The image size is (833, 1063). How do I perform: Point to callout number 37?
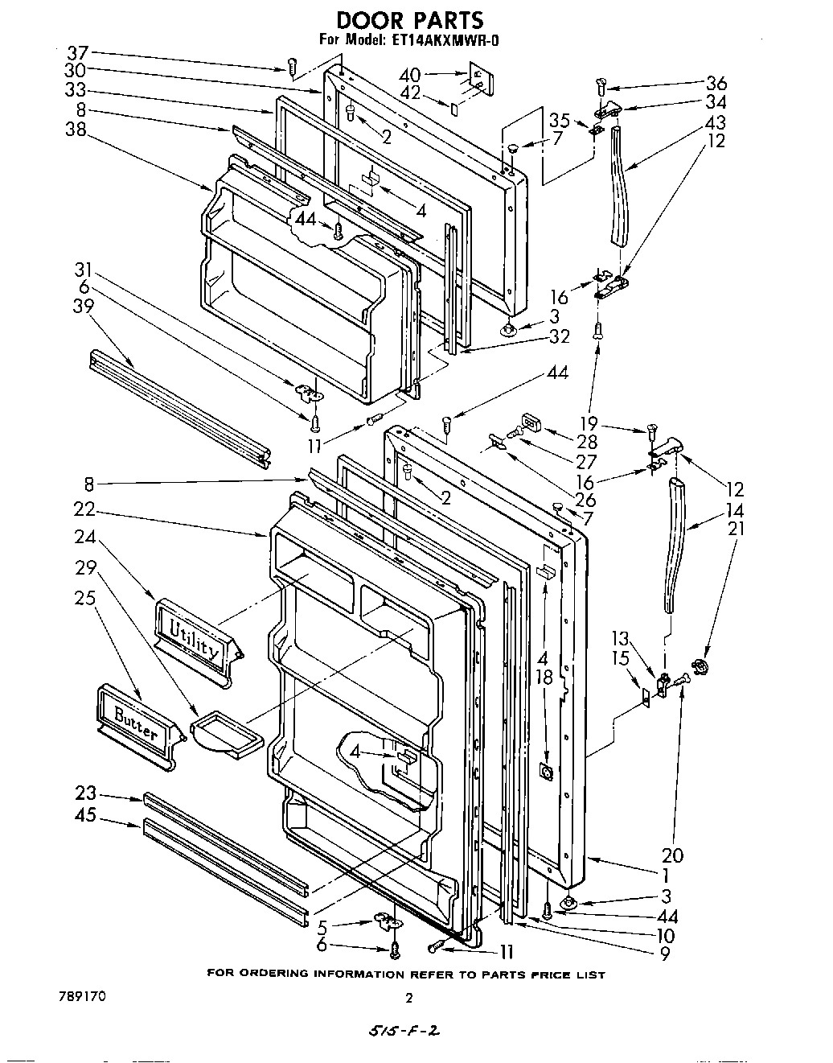point(77,53)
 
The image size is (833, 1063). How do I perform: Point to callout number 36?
point(716,82)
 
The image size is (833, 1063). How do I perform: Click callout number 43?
point(716,122)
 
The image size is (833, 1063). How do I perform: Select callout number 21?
point(736,528)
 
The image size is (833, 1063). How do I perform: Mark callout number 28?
point(587,442)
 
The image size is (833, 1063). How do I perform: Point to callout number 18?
point(544,677)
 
